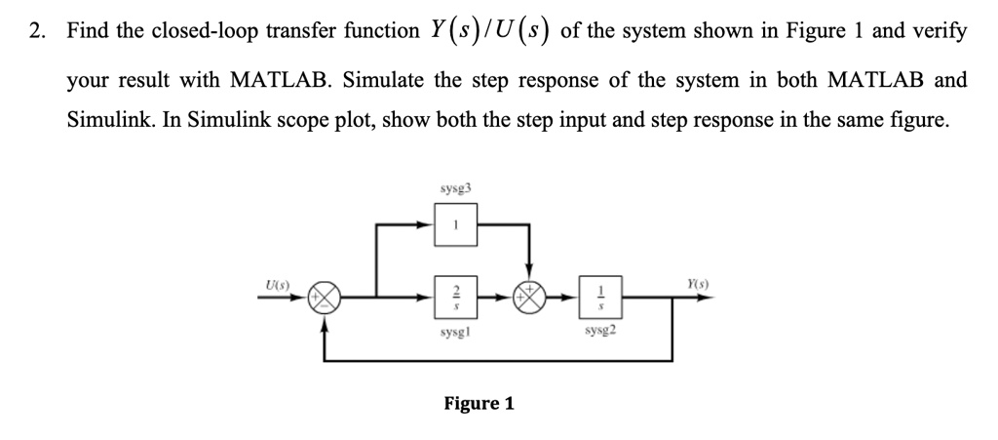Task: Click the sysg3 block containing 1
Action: click(453, 223)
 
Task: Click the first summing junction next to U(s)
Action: click(325, 297)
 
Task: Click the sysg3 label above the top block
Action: click(453, 185)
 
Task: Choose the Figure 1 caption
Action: click(479, 403)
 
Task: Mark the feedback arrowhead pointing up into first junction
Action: click(325, 321)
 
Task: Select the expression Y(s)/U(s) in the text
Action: click(490, 30)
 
